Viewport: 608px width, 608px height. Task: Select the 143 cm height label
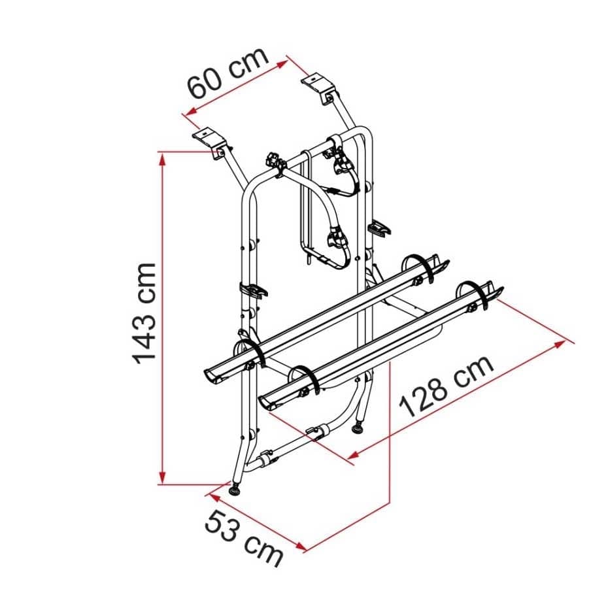144,312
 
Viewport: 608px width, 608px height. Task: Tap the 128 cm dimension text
447,386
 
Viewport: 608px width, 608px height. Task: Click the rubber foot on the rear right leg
358,429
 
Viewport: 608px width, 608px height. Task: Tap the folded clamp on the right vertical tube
380,228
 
